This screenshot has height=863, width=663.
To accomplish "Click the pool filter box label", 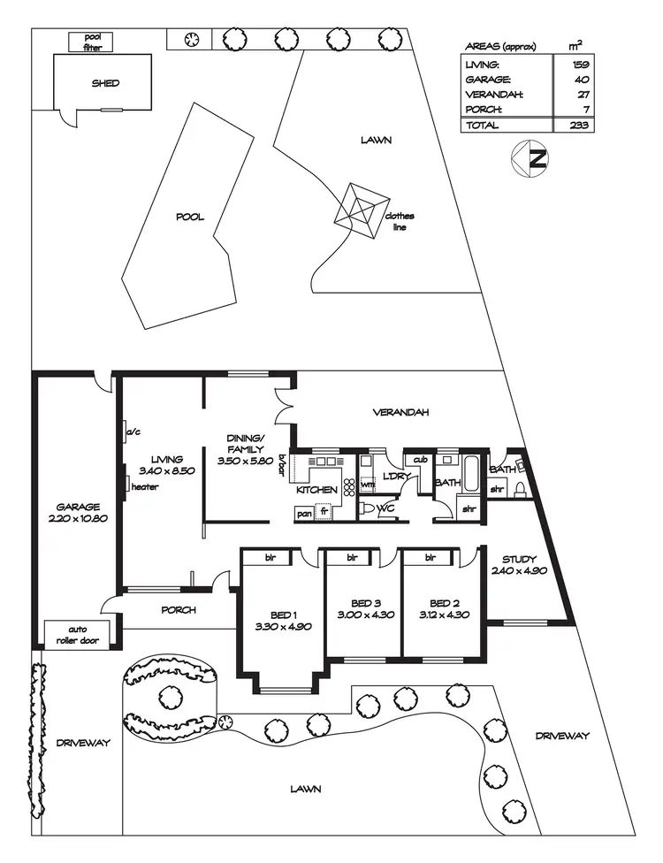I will pyautogui.click(x=93, y=42).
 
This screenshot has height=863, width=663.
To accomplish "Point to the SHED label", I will pyautogui.click(x=105, y=83).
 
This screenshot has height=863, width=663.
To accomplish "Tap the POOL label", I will pyautogui.click(x=190, y=217).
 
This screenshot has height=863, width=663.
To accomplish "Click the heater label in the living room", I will pyautogui.click(x=144, y=487).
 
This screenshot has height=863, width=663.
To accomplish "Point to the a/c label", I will pyautogui.click(x=135, y=432).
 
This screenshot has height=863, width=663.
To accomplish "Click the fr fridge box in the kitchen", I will pyautogui.click(x=324, y=512).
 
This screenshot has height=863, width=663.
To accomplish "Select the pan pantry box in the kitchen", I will pyautogui.click(x=304, y=512).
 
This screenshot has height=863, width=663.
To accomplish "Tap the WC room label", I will pyautogui.click(x=385, y=510).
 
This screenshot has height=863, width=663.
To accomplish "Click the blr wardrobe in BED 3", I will pyautogui.click(x=352, y=558).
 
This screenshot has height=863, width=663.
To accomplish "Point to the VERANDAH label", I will pyautogui.click(x=400, y=412).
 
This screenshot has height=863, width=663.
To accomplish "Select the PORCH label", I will pyautogui.click(x=178, y=610).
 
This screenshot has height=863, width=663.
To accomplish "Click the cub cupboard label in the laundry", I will pyautogui.click(x=420, y=459).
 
